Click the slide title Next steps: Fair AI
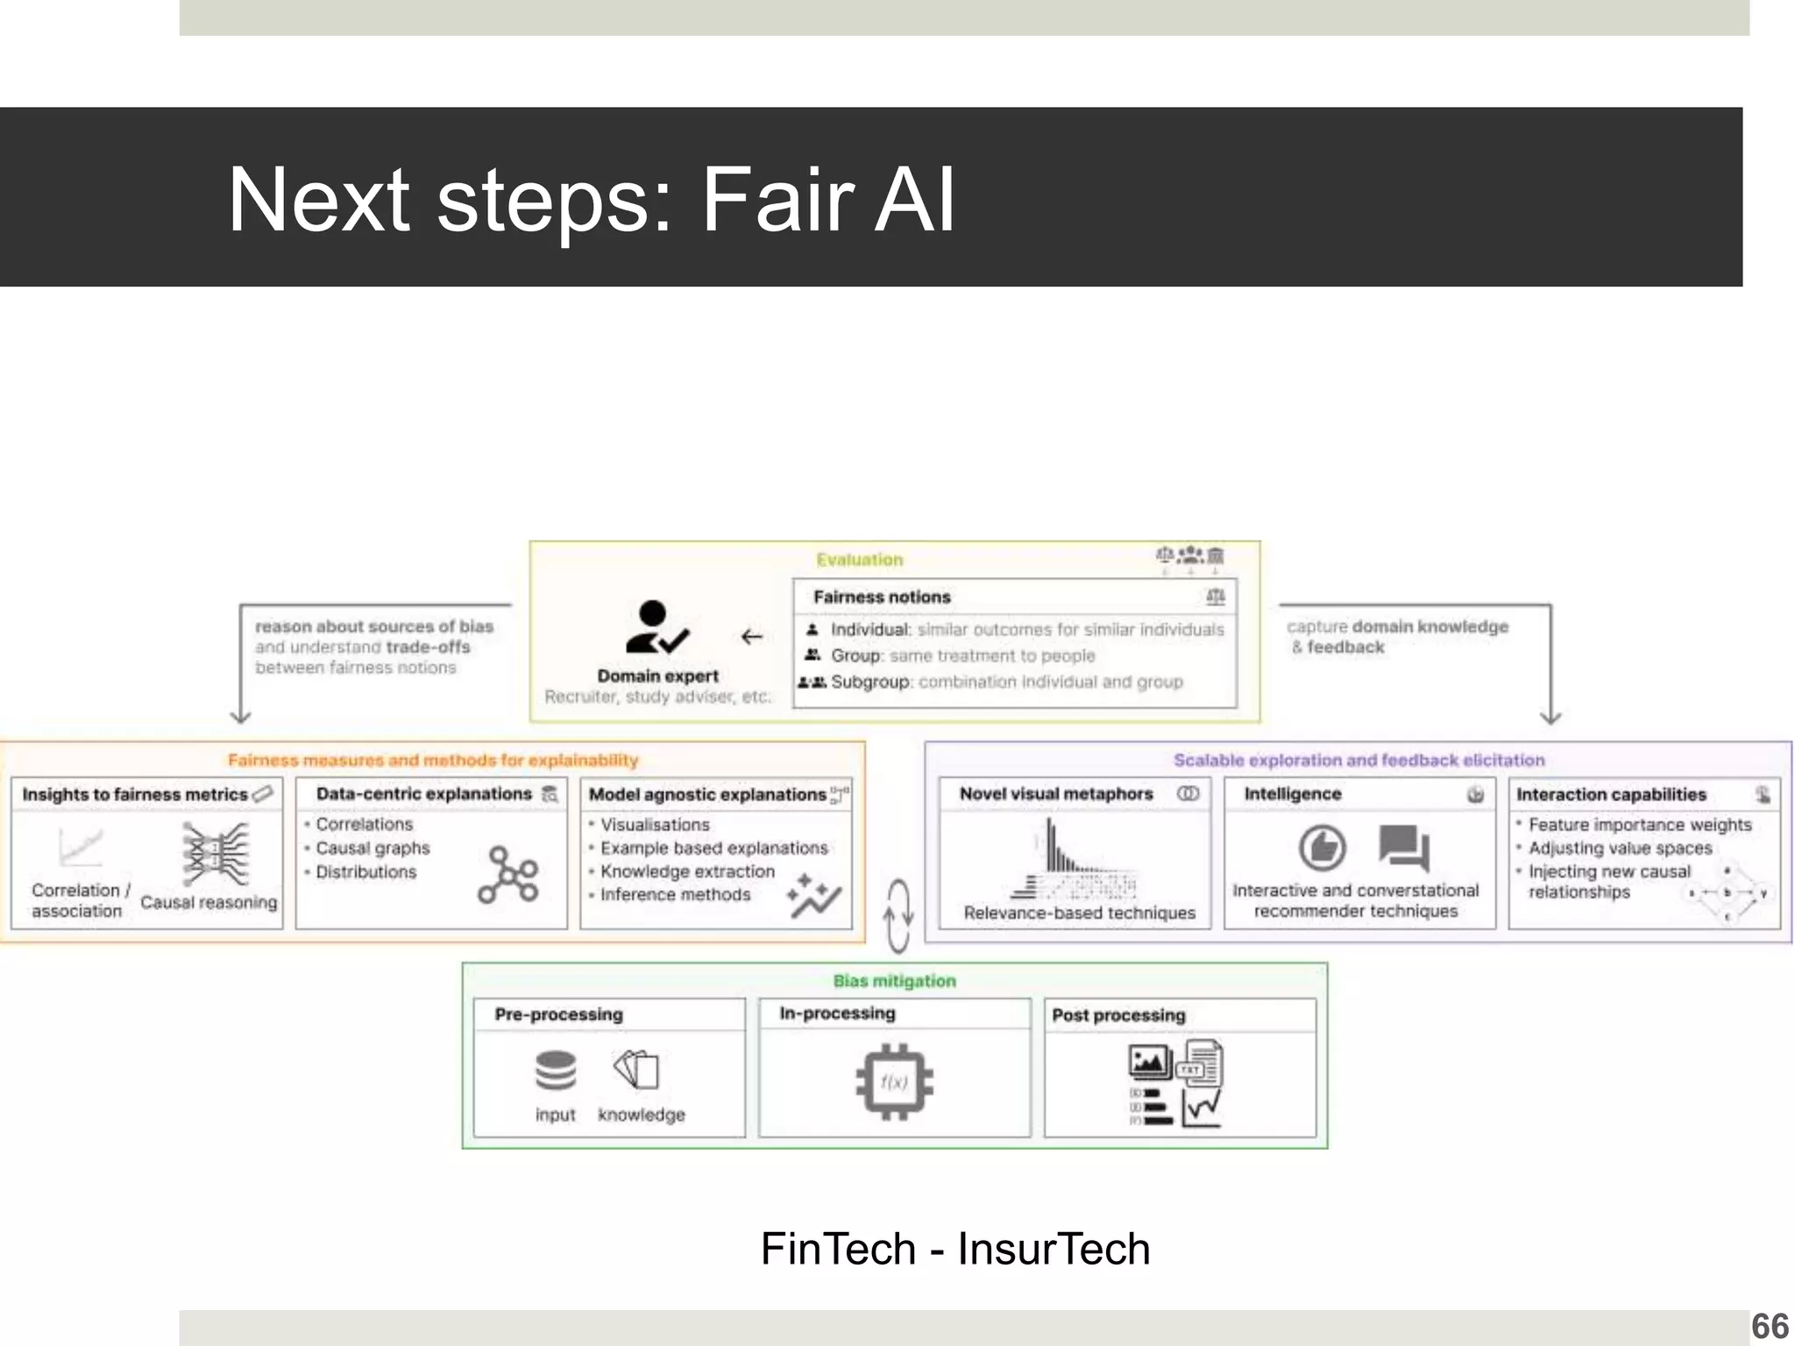pos(591,200)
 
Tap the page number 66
pos(1770,1326)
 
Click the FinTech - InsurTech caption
pos(954,1249)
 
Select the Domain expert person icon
pos(656,627)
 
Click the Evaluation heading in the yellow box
pos(859,560)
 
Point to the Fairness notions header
pos(882,597)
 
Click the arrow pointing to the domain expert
pos(751,637)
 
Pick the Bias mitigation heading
pos(894,981)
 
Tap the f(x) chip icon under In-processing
pos(894,1081)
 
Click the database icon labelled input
pos(556,1070)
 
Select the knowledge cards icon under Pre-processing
pos(637,1069)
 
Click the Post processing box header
pos(1118,1015)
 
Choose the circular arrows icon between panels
pos(897,917)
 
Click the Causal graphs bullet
pos(372,848)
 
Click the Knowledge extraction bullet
pos(687,872)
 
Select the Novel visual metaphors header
pos(1055,794)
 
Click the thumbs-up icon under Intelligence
pos(1322,847)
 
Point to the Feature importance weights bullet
pos(1639,825)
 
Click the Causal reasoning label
pos(209,902)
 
